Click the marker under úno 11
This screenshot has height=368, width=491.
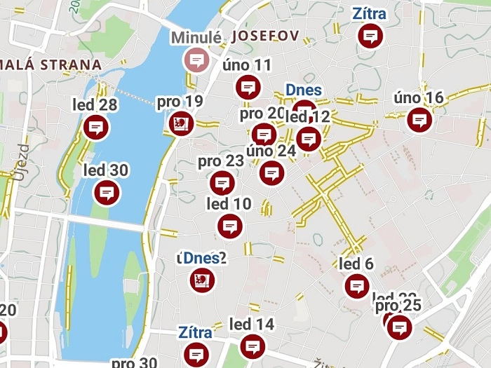click(247, 88)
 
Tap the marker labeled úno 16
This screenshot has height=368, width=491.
click(419, 120)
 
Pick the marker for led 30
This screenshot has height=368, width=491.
click(106, 192)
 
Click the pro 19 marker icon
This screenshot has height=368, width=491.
click(180, 124)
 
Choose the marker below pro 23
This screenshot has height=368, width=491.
click(222, 184)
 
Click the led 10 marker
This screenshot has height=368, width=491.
click(230, 226)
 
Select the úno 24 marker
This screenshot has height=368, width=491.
click(271, 172)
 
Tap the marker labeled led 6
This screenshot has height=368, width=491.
click(357, 286)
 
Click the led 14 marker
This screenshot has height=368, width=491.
click(252, 346)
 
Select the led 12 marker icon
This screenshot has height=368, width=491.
click(308, 138)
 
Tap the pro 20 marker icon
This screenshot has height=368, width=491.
click(264, 134)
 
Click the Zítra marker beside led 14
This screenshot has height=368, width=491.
click(198, 353)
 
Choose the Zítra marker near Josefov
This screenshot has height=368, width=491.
click(370, 36)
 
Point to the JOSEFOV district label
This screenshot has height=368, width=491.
click(265, 36)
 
